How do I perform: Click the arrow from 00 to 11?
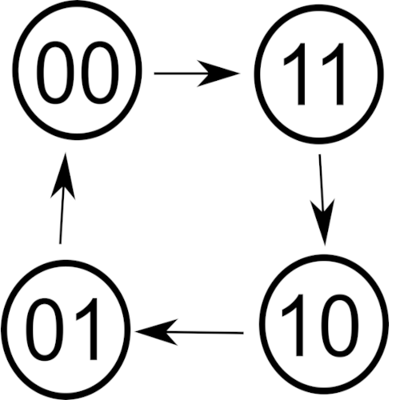tap(197, 74)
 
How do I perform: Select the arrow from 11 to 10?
tap(322, 199)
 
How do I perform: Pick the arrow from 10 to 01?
tap(190, 332)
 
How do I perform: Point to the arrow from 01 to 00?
tap(62, 198)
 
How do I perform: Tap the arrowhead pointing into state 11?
tap(218, 74)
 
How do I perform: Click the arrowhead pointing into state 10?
tap(323, 222)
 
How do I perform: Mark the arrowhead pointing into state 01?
tap(157, 332)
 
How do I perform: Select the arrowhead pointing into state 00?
tap(63, 175)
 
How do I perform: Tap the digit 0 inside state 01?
tap(45, 330)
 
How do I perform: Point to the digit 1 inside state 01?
tap(88, 329)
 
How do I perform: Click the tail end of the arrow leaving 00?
tap(154, 74)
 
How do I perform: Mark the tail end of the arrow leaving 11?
tap(320, 154)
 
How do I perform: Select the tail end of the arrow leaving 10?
tap(243, 333)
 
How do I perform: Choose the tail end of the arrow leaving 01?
tap(60, 243)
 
